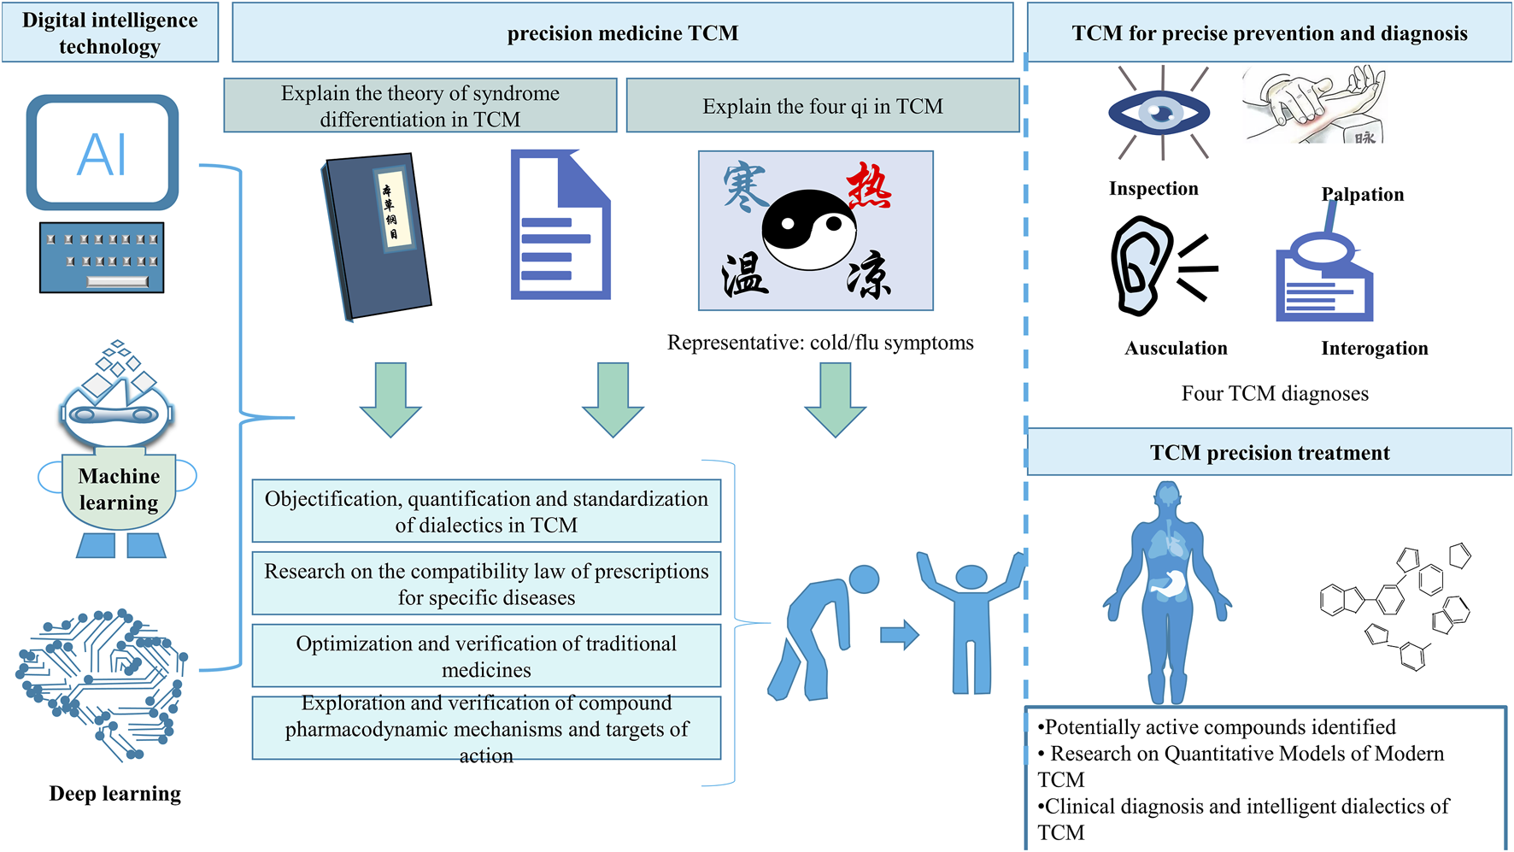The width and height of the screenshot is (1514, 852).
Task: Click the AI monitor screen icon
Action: coord(103,153)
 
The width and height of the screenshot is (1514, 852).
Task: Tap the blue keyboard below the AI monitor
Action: coord(102,258)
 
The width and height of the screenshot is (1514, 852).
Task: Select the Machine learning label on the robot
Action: coord(119,490)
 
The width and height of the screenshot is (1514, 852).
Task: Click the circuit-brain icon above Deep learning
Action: coord(101,684)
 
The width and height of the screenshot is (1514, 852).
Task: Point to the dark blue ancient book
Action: coord(377,235)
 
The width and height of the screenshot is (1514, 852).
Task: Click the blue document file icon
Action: coord(560,226)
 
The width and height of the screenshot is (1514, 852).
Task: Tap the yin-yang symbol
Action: coord(808,229)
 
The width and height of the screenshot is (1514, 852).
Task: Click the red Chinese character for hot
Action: coord(869,186)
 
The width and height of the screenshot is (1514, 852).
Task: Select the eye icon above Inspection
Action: coord(1159,113)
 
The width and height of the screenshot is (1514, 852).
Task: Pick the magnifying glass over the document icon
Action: coord(1322,248)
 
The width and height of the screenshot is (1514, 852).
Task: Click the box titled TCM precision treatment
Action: coord(1269,452)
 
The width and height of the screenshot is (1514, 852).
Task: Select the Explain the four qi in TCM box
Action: coord(822,106)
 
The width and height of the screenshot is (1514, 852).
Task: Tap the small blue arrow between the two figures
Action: coord(899,635)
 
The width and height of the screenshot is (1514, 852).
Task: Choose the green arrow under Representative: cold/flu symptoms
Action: coord(835,399)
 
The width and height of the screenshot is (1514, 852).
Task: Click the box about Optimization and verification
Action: coord(486,655)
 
